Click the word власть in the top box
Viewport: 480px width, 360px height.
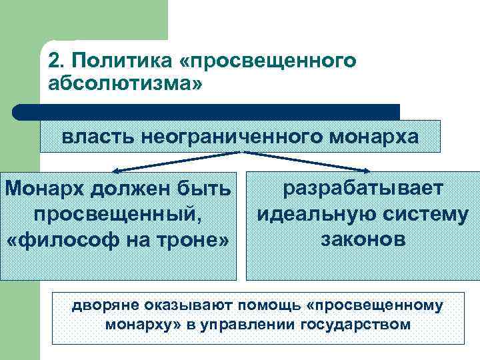click(x=97, y=137)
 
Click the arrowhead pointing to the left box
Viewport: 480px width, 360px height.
click(x=114, y=171)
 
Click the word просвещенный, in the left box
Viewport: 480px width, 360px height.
click(x=117, y=215)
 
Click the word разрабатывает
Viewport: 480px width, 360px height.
click(x=363, y=189)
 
